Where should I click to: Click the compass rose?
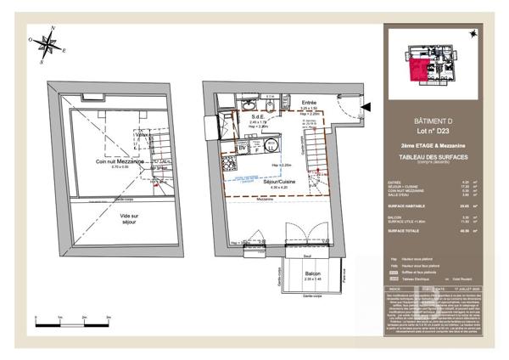point(47,46)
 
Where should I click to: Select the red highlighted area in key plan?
point(421,70)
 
